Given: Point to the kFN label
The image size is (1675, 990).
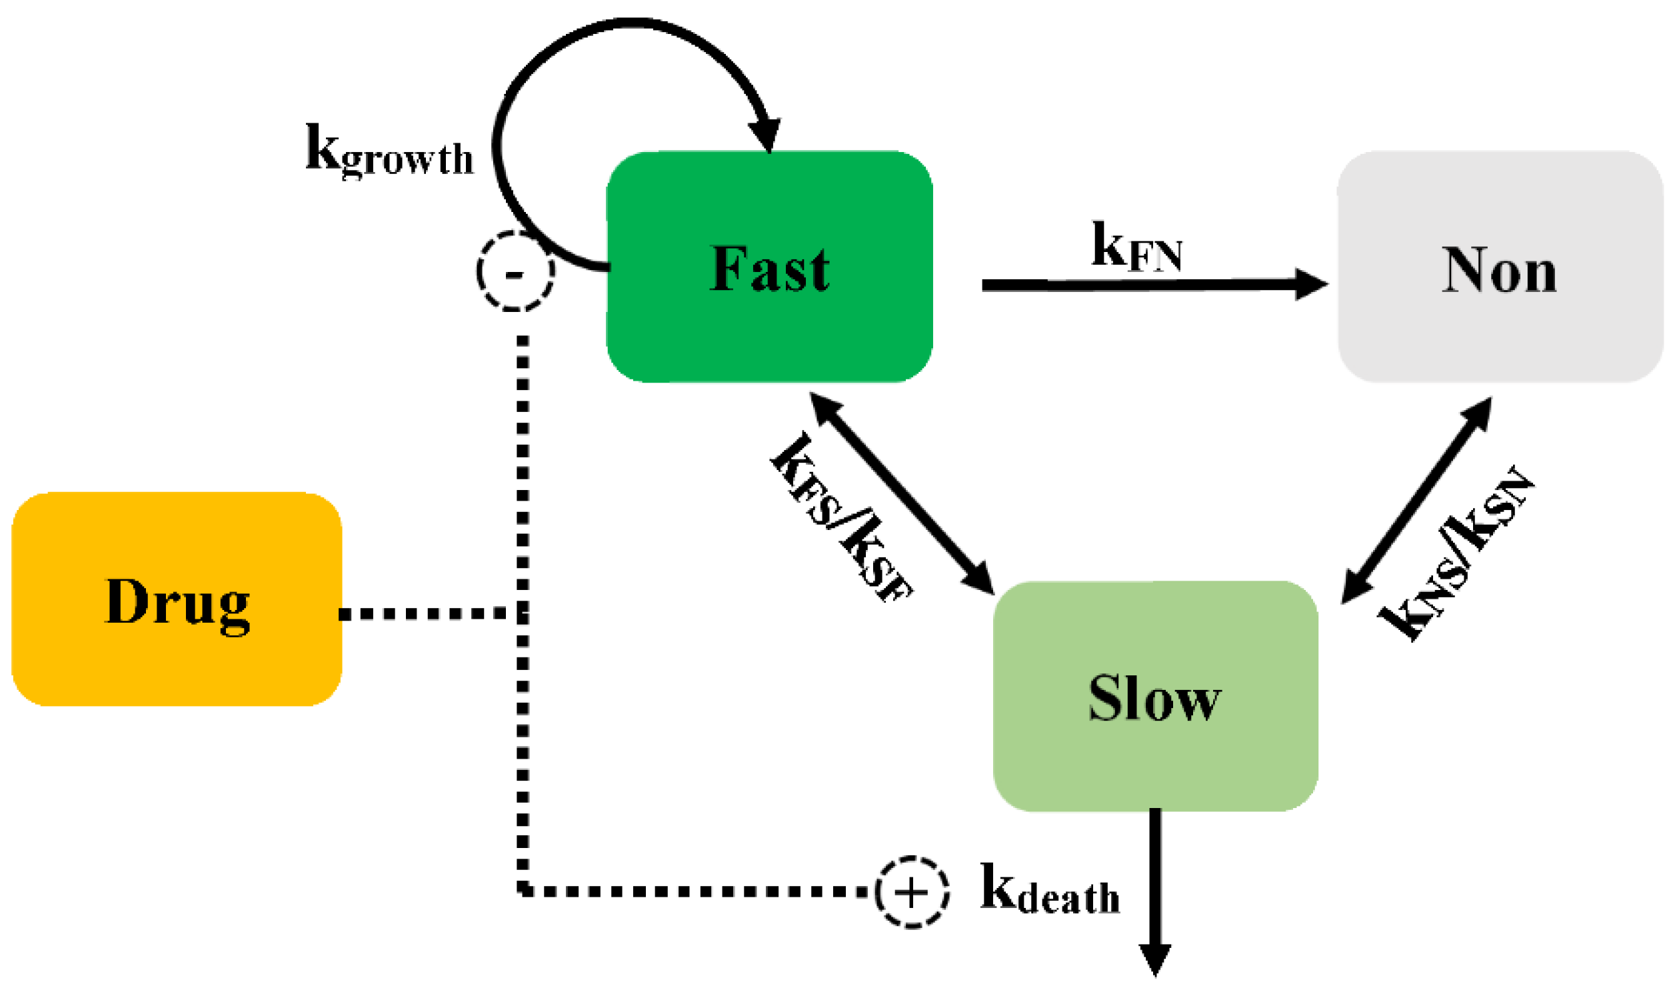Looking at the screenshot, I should point(1137,247).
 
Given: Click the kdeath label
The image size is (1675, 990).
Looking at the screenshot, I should point(1050,891).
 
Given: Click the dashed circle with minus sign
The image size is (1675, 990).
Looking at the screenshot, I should point(515,271).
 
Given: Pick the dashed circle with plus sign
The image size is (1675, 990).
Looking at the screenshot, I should point(912,892).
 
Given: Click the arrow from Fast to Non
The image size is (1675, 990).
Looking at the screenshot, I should point(1134,285).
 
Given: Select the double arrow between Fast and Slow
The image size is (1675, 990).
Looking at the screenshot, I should point(902,493).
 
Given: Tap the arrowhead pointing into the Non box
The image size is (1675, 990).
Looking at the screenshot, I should point(1310,285).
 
